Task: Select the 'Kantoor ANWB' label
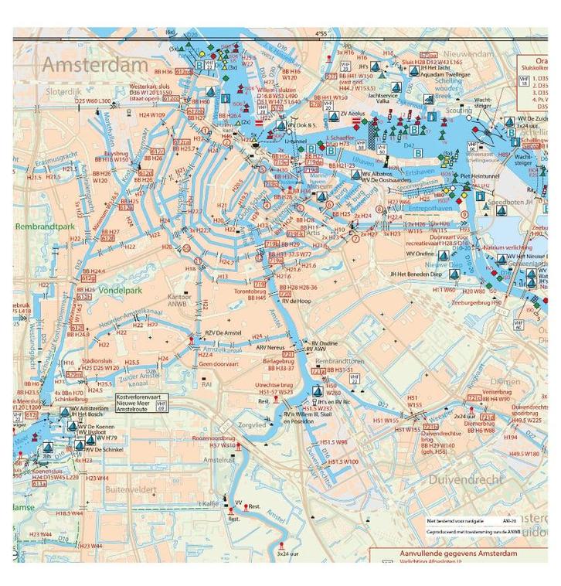tap(179, 301)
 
